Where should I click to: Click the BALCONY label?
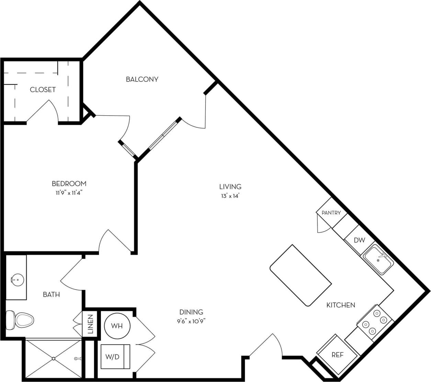click(x=142, y=79)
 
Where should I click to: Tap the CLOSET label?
click(x=43, y=90)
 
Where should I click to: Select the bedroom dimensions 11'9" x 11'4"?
click(x=69, y=193)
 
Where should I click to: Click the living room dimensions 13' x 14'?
click(x=230, y=196)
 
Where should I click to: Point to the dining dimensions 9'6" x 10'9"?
click(x=191, y=321)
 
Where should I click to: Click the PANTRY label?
click(x=331, y=213)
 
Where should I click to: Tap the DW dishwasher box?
click(x=359, y=240)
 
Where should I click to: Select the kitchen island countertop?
click(x=301, y=275)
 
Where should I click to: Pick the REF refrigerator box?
click(x=337, y=355)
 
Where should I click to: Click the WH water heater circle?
click(x=117, y=326)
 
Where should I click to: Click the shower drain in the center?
click(x=53, y=359)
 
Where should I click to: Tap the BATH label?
click(x=51, y=294)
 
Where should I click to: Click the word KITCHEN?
click(x=340, y=305)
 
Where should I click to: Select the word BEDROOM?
click(x=69, y=184)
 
